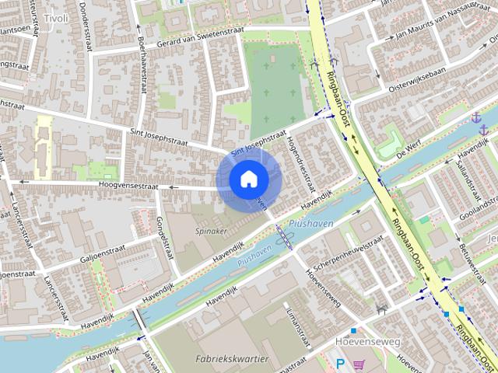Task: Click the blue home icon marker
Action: pyautogui.click(x=248, y=179)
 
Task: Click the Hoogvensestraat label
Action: pyautogui.click(x=128, y=186)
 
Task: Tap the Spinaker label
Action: pyautogui.click(x=211, y=232)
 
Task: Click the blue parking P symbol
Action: pyautogui.click(x=339, y=363)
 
